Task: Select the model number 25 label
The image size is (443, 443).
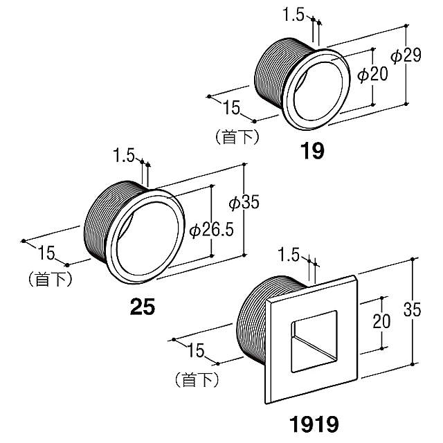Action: [143, 306]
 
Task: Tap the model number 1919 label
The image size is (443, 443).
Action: [314, 422]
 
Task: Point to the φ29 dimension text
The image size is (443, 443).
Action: [406, 56]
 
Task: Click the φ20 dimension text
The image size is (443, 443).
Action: [372, 75]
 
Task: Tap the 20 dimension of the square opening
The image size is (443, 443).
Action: [381, 321]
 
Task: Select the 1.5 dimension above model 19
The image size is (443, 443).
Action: [294, 15]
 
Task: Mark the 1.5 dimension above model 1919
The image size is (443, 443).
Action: [289, 255]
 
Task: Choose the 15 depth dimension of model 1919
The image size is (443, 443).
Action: [196, 351]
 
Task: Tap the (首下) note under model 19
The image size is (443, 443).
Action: [237, 136]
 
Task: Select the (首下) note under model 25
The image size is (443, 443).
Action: [51, 279]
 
